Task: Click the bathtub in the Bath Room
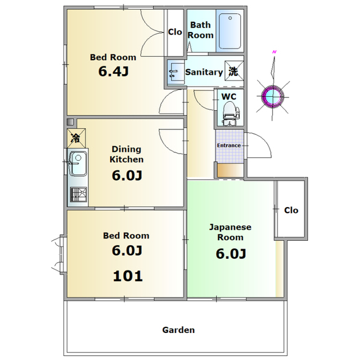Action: (230, 31)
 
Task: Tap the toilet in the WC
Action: (230, 114)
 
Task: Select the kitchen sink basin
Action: (78, 164)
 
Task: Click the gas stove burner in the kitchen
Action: (79, 195)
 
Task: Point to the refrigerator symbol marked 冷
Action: (76, 138)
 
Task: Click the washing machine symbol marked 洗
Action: (234, 71)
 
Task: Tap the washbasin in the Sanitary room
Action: (176, 72)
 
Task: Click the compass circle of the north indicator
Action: (273, 96)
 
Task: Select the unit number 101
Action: (128, 276)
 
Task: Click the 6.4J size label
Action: (114, 71)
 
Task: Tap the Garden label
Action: (178, 330)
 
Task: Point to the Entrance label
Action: (229, 145)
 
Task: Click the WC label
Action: (229, 97)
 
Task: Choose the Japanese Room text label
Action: (230, 232)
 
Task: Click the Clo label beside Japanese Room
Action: (291, 210)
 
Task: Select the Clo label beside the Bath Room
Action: (175, 32)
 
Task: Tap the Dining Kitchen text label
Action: (127, 154)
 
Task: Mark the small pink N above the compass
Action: (274, 52)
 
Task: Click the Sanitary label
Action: (204, 73)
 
